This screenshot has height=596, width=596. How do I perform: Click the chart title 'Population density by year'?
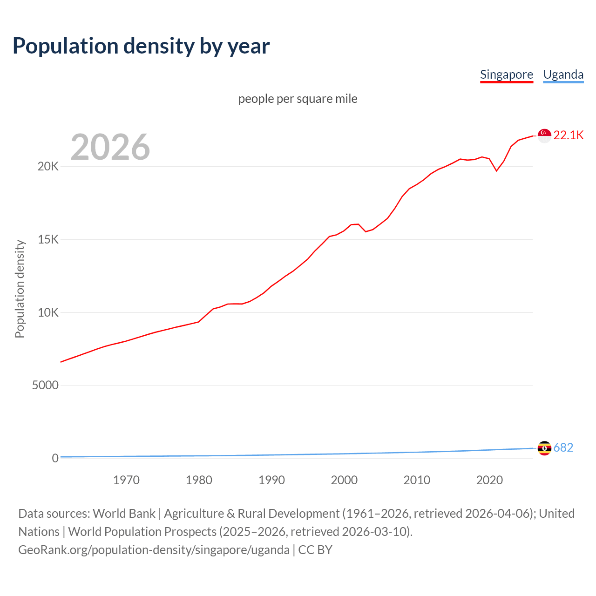click(x=141, y=46)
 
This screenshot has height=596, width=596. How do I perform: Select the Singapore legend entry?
click(x=506, y=74)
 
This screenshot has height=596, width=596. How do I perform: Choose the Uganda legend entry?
click(x=563, y=74)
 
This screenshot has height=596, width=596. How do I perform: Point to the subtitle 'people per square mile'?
click(x=298, y=99)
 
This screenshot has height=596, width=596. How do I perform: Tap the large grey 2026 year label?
click(x=110, y=147)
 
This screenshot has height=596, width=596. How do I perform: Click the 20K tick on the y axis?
click(x=48, y=167)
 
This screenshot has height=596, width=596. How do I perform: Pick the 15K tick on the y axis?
click(x=48, y=240)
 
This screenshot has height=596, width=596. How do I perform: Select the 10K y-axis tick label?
click(x=48, y=312)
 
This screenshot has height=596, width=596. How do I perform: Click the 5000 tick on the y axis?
click(x=45, y=386)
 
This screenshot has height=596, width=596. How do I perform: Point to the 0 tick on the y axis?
click(x=55, y=458)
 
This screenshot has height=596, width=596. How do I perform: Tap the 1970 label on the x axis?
click(x=126, y=480)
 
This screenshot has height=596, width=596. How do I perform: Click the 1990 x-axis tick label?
click(x=271, y=480)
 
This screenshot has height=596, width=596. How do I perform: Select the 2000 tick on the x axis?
click(x=344, y=480)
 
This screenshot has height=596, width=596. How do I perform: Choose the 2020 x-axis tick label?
click(x=489, y=480)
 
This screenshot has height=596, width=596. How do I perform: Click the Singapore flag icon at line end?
click(x=544, y=135)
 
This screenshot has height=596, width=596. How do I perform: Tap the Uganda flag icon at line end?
click(x=544, y=448)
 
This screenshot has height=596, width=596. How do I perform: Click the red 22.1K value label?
click(x=569, y=135)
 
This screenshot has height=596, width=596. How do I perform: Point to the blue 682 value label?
click(x=563, y=447)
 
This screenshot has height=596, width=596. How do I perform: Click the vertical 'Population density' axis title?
click(x=20, y=289)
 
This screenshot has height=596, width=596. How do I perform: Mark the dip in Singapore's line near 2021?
click(x=496, y=170)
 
